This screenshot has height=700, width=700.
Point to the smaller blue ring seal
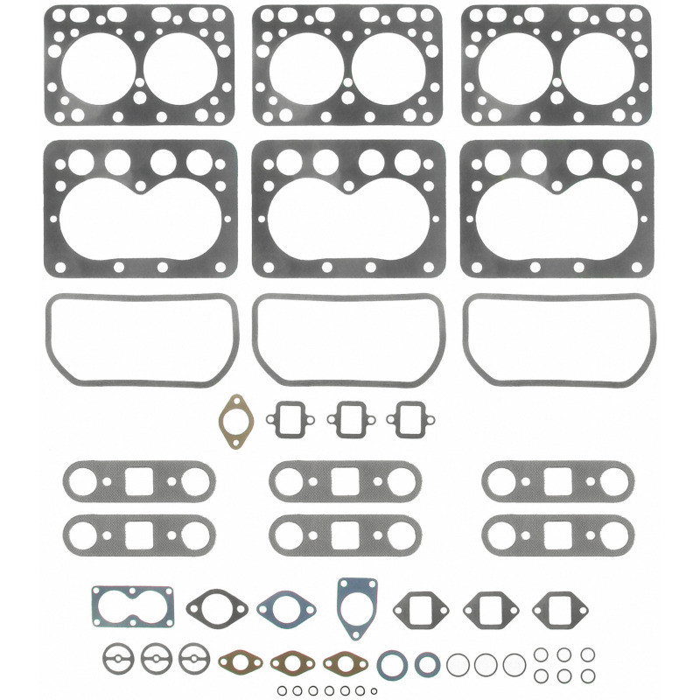427,663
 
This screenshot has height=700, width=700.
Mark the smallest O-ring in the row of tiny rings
374,690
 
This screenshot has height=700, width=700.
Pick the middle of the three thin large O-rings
486,664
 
